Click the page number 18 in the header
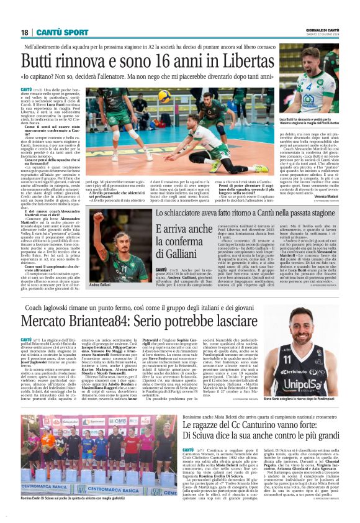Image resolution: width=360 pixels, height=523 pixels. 24,32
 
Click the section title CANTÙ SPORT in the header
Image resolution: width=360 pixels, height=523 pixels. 61,32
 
